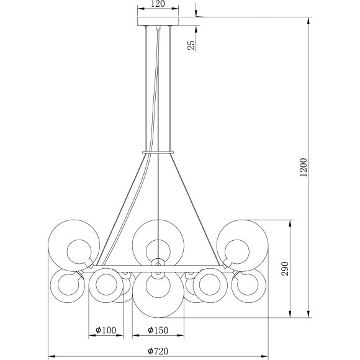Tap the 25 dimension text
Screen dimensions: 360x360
pyautogui.click(x=191, y=44)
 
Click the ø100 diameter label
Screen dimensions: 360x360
pyautogui.click(x=106, y=331)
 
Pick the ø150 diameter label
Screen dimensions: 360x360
pyautogui.click(x=158, y=331)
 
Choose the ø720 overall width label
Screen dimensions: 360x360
pyautogui.click(x=158, y=352)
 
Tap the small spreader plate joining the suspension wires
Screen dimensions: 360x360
pyautogui.click(x=158, y=151)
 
